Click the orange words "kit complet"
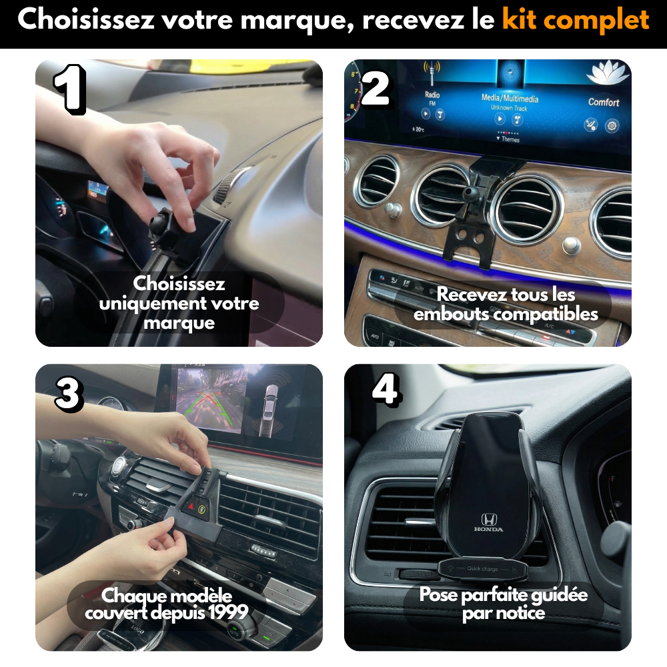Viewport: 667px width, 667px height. [575, 20]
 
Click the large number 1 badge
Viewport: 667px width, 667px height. [69, 90]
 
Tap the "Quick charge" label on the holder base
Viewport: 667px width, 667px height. [482, 568]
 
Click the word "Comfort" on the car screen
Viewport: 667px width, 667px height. [603, 102]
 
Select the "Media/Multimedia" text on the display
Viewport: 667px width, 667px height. [510, 98]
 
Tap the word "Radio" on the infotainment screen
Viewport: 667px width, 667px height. [432, 95]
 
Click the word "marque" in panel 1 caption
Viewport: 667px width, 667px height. [179, 323]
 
